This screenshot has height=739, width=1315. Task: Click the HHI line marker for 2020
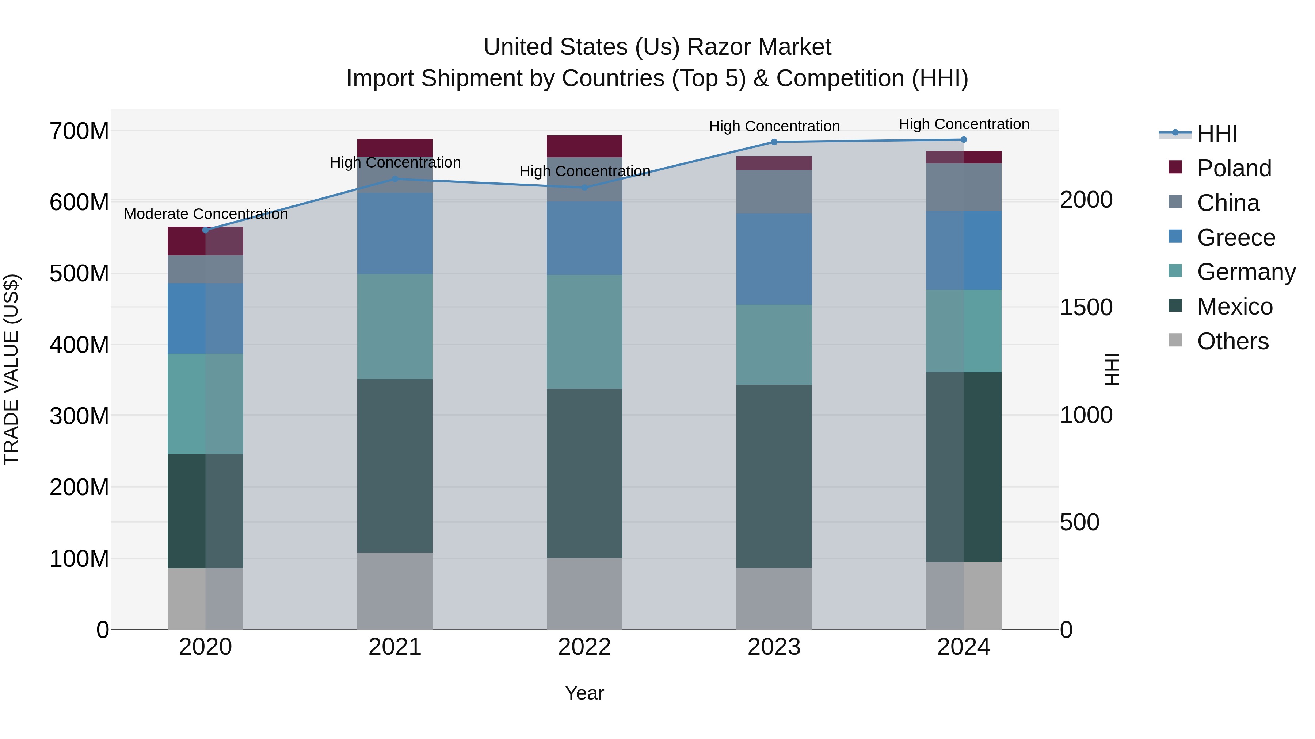coord(206,230)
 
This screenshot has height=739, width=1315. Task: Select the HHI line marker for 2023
coord(774,142)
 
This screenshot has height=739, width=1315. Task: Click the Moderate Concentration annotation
coord(206,214)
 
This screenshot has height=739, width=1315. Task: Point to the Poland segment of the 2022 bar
coord(584,146)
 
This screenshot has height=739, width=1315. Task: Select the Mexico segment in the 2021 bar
coord(395,466)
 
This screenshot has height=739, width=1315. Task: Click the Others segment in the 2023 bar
coord(774,598)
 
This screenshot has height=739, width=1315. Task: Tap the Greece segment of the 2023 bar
coord(774,259)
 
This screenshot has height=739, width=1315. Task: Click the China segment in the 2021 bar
coord(395,175)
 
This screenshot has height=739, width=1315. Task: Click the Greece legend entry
coord(1235,238)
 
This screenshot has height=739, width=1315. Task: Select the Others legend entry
coord(1232,341)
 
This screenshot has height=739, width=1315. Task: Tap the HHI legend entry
coord(1217,134)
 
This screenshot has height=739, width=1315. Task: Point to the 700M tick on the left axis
coord(79,132)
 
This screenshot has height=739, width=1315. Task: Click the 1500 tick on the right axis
coord(1086,308)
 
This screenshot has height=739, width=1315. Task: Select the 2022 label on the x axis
coord(584,647)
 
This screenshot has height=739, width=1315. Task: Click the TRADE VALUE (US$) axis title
coord(11,369)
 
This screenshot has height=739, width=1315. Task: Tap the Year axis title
coord(584,693)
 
